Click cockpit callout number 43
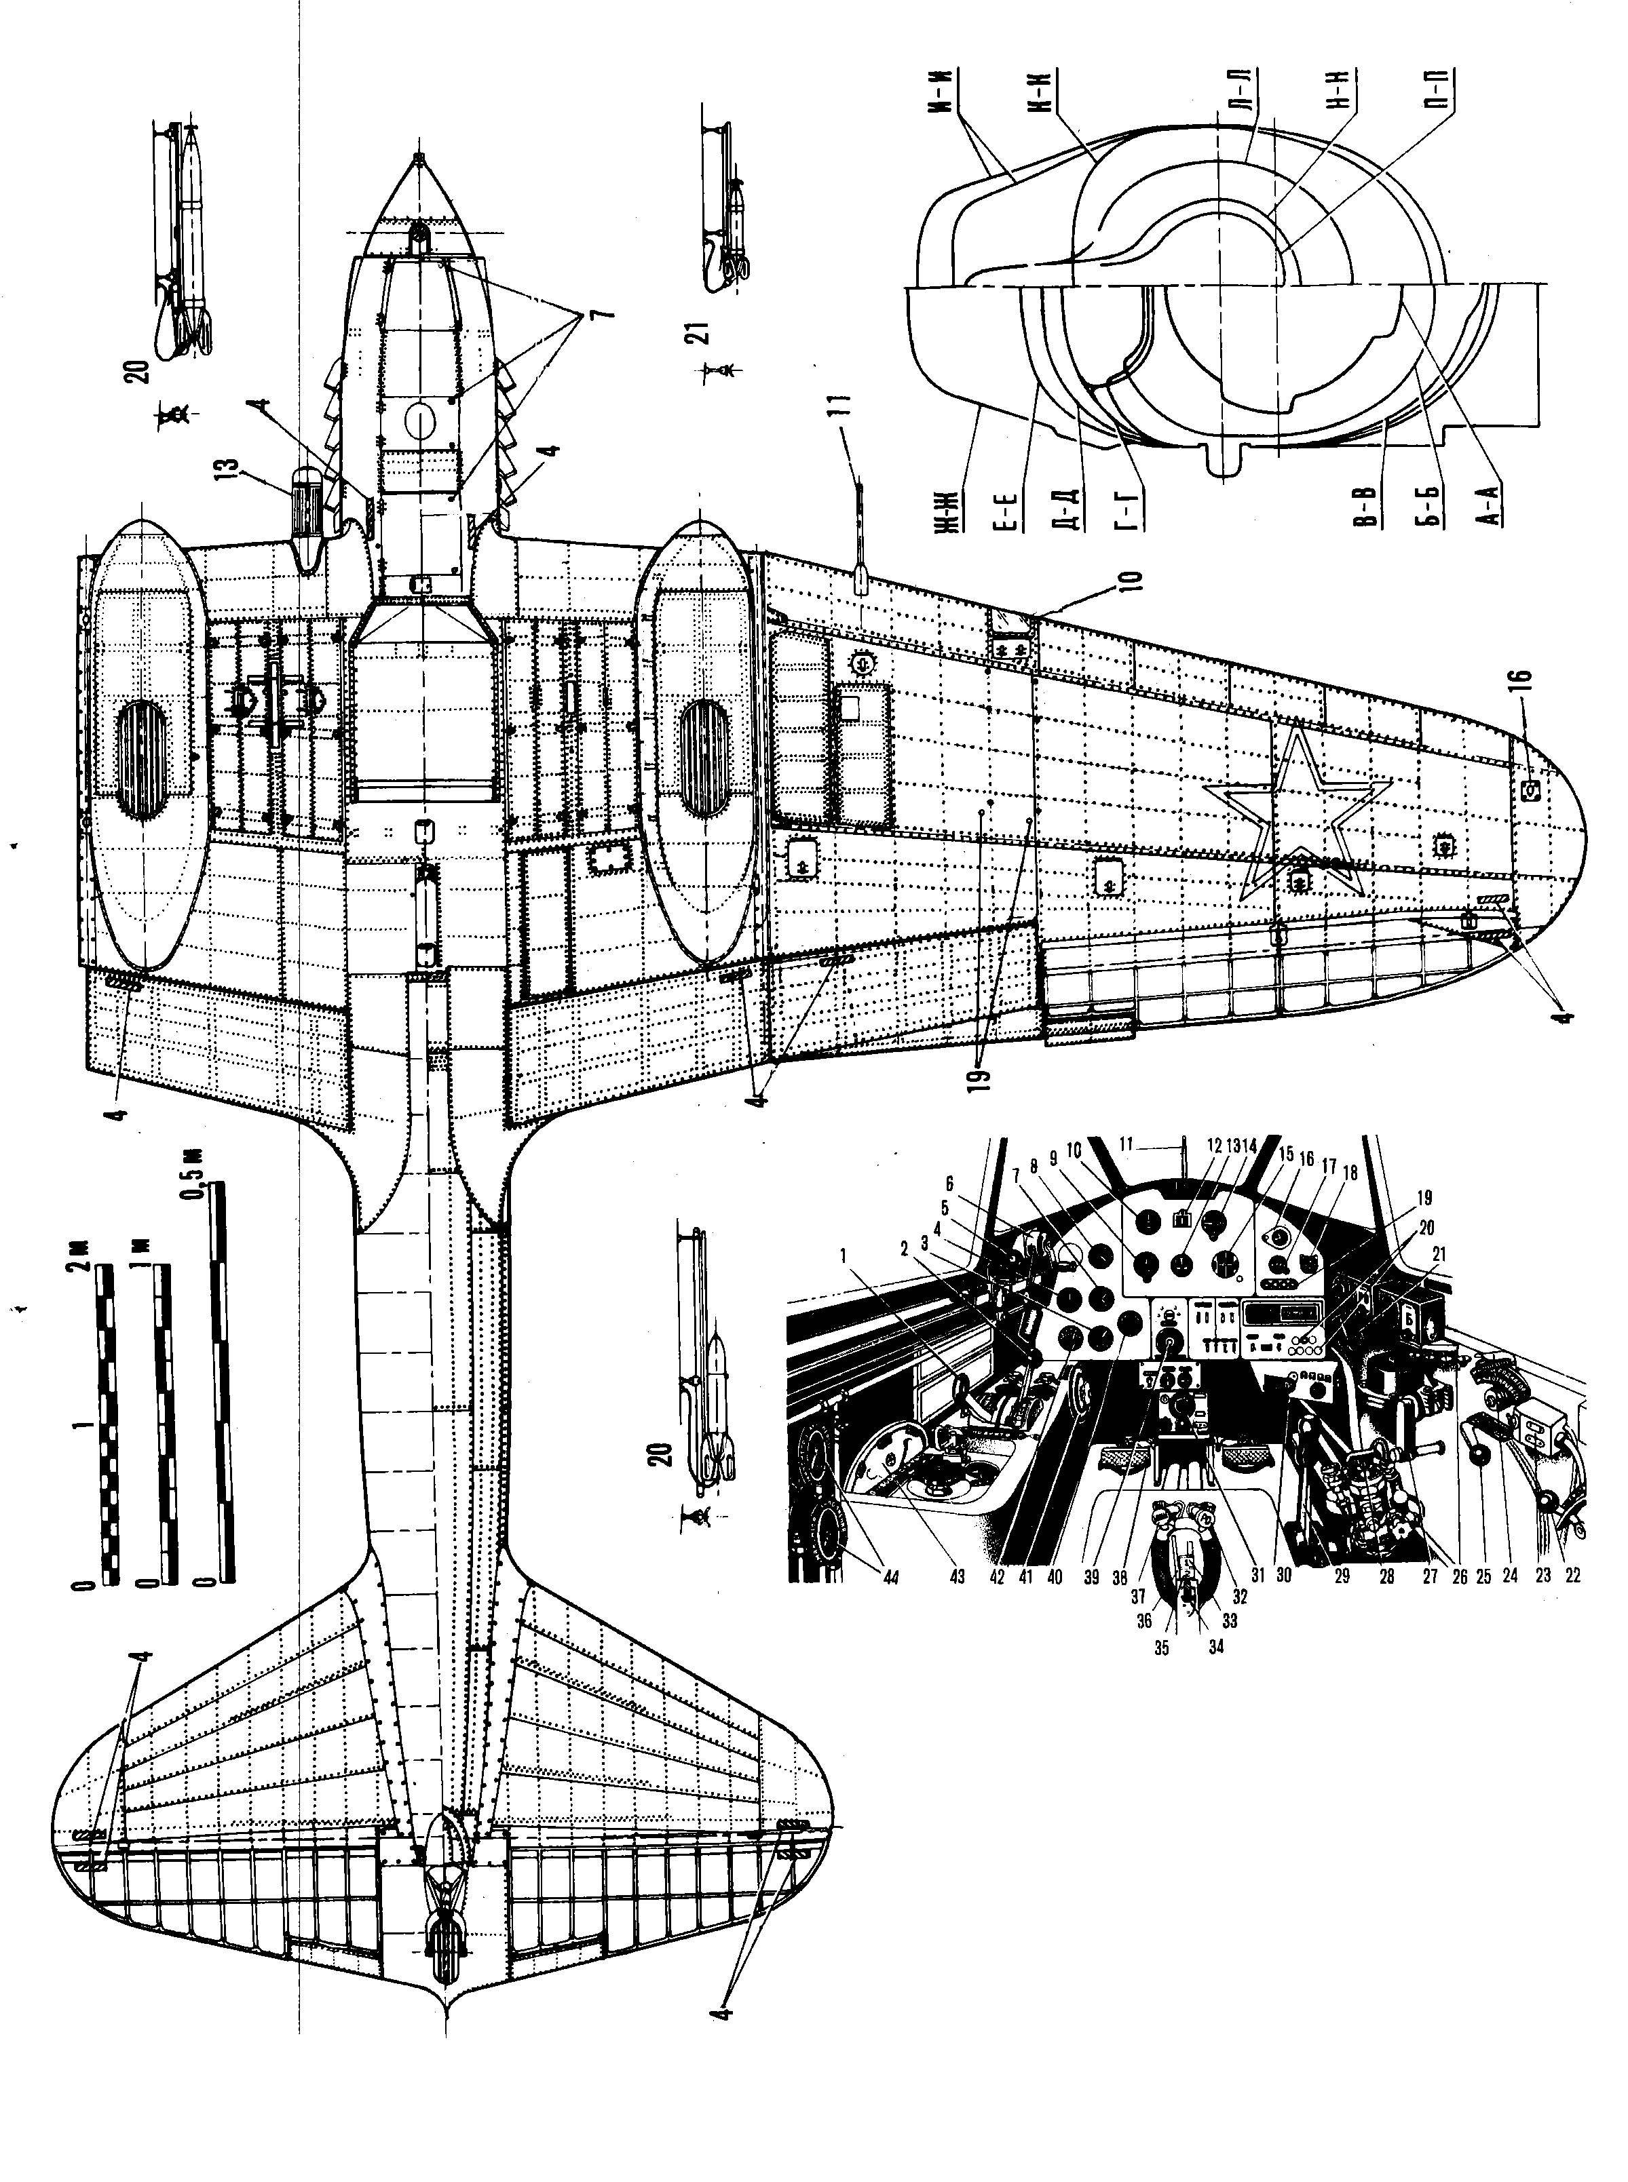(x=957, y=1577)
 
